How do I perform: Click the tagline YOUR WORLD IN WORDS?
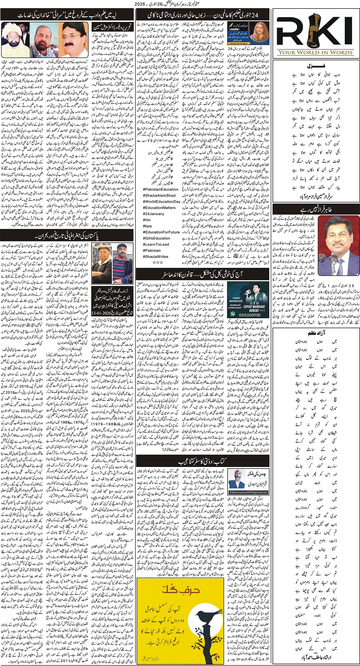(x=316, y=52)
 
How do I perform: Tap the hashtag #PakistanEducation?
(x=161, y=189)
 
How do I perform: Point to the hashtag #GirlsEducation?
(x=157, y=238)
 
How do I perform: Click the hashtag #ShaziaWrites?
(x=156, y=257)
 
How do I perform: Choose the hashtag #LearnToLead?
(x=156, y=244)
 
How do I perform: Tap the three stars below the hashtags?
(x=158, y=263)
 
